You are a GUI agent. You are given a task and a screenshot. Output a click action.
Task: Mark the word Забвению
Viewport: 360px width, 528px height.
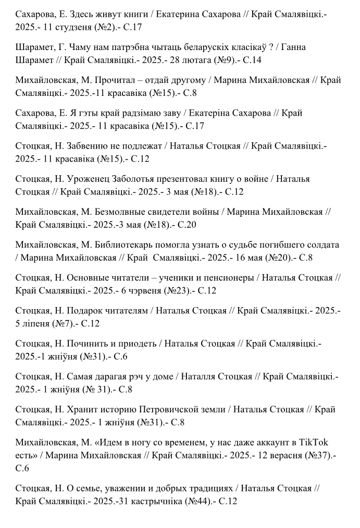(x=89, y=146)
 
